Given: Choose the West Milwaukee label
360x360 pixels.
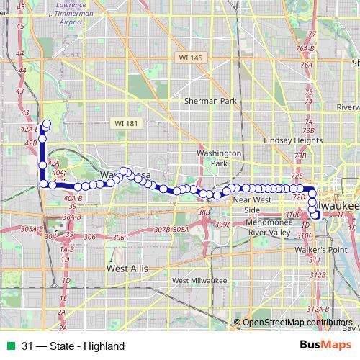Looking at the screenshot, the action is click(x=199, y=280).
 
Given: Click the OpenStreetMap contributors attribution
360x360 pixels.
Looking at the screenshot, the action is click(x=296, y=323).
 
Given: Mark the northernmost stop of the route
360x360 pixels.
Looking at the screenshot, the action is click(x=48, y=123).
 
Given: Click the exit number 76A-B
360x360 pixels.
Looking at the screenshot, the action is click(x=306, y=48).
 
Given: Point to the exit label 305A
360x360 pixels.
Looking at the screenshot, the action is click(x=28, y=229).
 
